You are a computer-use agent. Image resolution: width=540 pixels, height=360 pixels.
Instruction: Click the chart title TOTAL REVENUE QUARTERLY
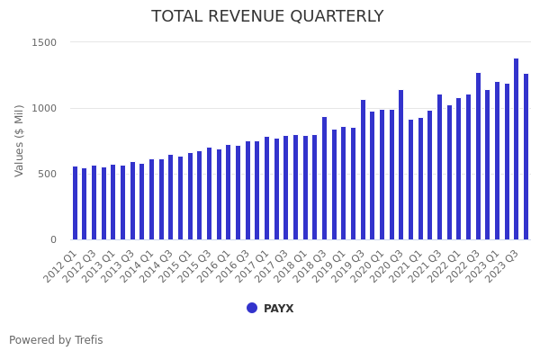pos(267,16)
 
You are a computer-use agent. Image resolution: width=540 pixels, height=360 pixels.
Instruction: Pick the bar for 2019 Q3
pos(363,170)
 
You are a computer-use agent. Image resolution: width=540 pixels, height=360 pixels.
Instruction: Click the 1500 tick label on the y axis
pos(45,42)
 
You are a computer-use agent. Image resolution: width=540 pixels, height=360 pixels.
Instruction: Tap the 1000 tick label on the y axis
pos(45,108)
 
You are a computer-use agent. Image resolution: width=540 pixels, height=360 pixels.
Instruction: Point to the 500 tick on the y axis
pos(48,174)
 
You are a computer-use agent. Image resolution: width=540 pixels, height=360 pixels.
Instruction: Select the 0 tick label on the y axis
pos(53,239)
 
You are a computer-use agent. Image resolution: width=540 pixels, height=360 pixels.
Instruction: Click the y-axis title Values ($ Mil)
pos(20,140)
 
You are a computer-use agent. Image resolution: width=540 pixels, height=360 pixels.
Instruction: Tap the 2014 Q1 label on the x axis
pos(136,266)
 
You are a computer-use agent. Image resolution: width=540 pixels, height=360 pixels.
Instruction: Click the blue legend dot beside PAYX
pos(252,308)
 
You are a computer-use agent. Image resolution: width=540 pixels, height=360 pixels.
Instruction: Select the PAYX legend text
pos(278,309)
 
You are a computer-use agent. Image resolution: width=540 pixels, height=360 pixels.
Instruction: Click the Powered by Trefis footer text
pos(56,340)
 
